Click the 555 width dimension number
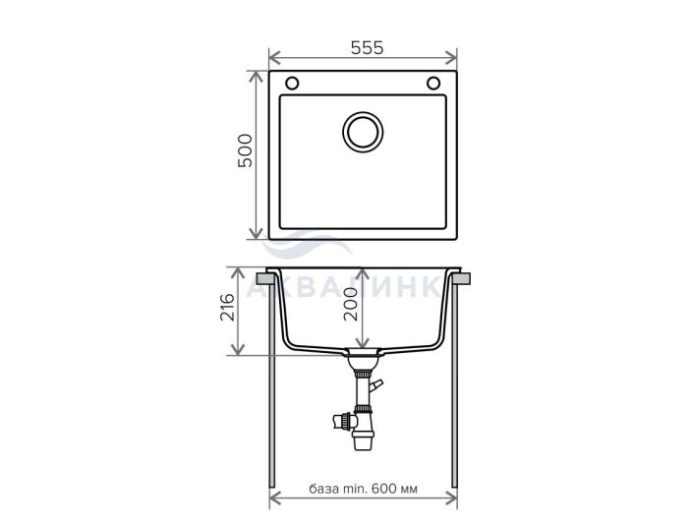click(368, 48)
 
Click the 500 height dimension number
click(246, 150)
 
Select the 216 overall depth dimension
click(228, 308)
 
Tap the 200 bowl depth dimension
click(351, 305)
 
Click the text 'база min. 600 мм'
click(364, 489)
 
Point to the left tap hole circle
click(292, 83)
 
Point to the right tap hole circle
click(433, 83)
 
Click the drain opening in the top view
click(363, 132)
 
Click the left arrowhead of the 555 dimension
click(274, 57)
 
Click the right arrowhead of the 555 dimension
click(451, 57)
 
